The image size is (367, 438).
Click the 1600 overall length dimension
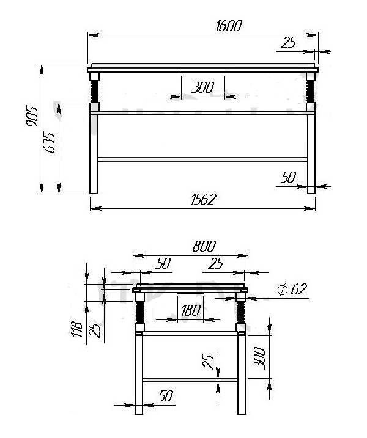click(229, 26)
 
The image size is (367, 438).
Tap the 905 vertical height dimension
click(32, 117)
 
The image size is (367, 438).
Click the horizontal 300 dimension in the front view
click(202, 87)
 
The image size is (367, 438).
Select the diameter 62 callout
click(291, 290)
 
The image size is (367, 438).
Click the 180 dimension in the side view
click(191, 310)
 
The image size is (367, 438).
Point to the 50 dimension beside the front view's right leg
click(288, 177)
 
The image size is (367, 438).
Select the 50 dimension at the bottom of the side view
click(165, 396)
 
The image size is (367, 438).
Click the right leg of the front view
click(311, 153)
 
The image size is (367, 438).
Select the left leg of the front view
click(94, 153)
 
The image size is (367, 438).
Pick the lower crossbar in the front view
click(202, 159)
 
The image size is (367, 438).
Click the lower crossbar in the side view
click(190, 380)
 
